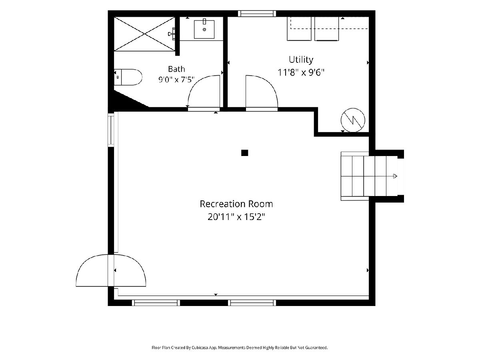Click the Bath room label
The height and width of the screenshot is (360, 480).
(x=176, y=69)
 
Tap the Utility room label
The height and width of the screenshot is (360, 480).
(x=301, y=60)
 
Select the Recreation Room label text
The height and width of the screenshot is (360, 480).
(x=236, y=204)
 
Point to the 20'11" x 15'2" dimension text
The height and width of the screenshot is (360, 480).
(x=236, y=217)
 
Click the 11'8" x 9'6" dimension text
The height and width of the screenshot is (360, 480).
(x=301, y=72)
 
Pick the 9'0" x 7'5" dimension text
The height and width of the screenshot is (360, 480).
(x=176, y=80)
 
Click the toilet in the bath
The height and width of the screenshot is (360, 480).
(x=128, y=77)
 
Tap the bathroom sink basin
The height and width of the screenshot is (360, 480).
(x=204, y=29)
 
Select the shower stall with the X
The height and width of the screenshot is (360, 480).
(x=144, y=34)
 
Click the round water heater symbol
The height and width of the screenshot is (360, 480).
(x=353, y=120)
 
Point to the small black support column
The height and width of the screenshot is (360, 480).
(x=244, y=153)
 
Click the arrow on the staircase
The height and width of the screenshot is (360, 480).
(x=395, y=176)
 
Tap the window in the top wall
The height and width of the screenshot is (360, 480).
(x=257, y=14)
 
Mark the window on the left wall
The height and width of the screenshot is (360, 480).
(x=111, y=130)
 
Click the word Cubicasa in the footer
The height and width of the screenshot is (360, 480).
(x=200, y=348)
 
